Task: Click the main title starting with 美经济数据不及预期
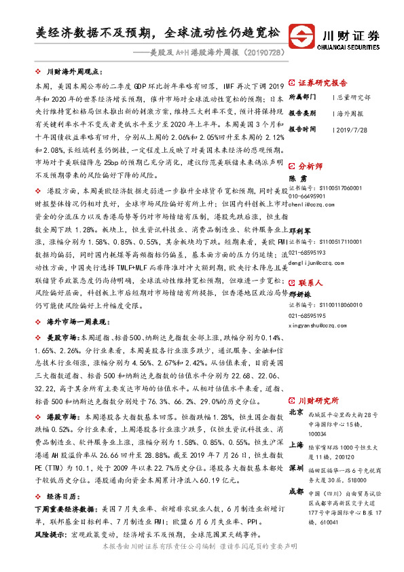pos(158,32)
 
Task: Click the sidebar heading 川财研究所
pos(318,401)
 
